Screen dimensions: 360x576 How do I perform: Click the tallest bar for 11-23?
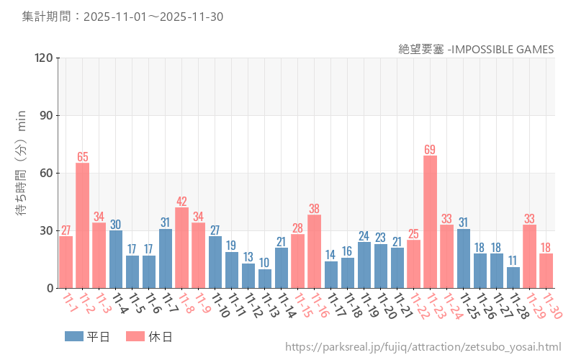430,222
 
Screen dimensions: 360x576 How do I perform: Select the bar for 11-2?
83,225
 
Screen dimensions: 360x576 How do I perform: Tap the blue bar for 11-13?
265,279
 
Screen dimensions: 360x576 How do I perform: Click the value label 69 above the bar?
430,150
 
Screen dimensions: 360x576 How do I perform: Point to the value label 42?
181,202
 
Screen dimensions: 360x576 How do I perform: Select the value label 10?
265,264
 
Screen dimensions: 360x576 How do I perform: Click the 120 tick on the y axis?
44,58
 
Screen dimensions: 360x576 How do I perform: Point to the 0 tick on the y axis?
50,288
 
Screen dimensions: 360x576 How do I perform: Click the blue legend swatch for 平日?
73,336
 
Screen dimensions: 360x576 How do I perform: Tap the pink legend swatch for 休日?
135,336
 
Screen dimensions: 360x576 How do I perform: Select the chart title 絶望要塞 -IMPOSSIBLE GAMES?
476,49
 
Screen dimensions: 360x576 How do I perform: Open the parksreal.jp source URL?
423,347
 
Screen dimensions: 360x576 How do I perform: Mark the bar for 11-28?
513,277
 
